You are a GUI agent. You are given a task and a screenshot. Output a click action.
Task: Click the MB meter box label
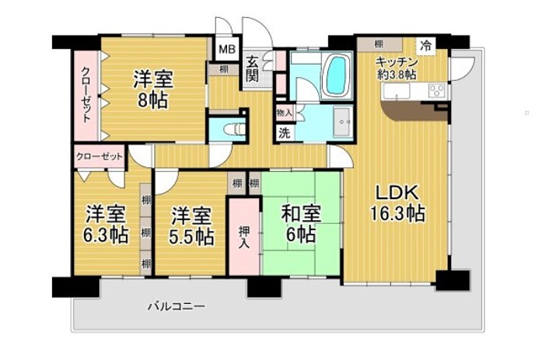pos(227,49)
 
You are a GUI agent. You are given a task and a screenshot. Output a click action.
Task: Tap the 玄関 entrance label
pos(253,68)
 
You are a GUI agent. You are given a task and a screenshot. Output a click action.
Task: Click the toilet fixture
pos(235,129)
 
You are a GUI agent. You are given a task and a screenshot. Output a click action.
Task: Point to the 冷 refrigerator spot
pos(426,45)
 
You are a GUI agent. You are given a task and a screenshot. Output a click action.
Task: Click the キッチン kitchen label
pos(397,62)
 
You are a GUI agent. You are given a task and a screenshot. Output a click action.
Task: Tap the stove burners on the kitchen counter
pos(438,90)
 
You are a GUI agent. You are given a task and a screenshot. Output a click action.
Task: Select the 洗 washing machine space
pos(285,133)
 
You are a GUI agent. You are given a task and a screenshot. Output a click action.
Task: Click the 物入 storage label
pos(285,114)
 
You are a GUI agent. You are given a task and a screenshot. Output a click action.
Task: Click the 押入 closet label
pos(243,237)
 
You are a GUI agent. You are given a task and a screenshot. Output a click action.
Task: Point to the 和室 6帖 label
pos(301,223)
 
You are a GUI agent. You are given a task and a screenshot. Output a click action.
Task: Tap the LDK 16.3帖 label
pos(397,204)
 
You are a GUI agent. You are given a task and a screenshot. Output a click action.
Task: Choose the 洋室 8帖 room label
pos(153,89)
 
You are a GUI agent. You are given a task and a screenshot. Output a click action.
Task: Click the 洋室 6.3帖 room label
pos(106,225)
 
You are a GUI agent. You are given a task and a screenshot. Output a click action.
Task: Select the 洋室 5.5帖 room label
pos(191,226)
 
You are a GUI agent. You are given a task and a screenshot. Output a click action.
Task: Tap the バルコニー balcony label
pos(177,306)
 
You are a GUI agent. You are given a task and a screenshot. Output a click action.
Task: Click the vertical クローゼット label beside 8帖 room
pos(86,94)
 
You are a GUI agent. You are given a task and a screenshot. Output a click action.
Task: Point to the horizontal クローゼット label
pos(100,156)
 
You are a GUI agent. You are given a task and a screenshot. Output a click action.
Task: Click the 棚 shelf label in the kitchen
pos(379,44)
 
